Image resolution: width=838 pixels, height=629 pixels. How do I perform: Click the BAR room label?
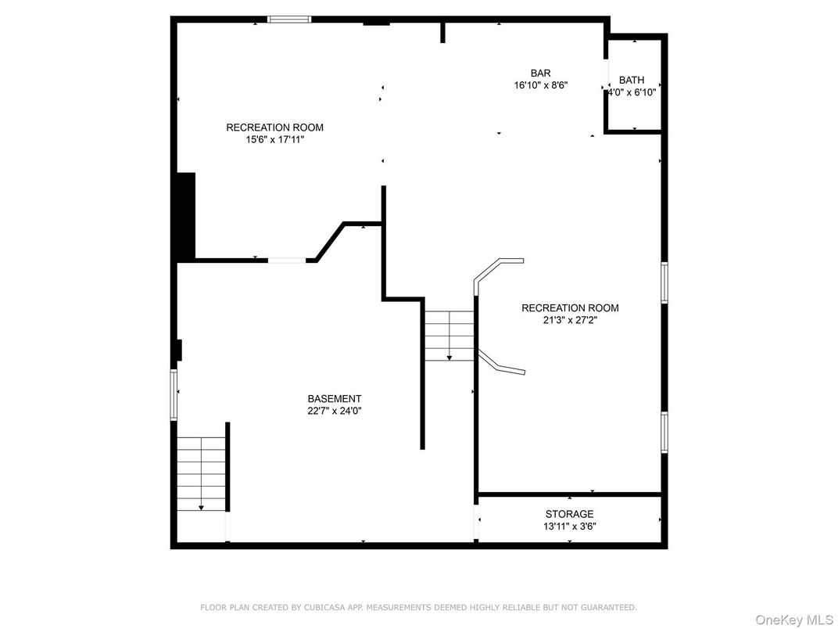540,74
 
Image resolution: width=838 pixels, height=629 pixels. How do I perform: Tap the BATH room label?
632,80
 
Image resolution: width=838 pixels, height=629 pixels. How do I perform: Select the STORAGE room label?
569,514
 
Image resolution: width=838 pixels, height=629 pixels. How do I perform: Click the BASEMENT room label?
334,398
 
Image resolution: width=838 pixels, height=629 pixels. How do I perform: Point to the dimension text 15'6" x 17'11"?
274,140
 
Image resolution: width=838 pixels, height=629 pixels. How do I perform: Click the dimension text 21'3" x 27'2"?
570,320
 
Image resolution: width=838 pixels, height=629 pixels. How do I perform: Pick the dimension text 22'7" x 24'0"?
334,411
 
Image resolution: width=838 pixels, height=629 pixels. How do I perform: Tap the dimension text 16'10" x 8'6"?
540,86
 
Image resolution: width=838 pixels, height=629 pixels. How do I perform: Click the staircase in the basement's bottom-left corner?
202,474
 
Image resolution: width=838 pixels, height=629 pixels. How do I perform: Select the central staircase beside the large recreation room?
449,335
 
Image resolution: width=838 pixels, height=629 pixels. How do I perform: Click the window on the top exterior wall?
289,20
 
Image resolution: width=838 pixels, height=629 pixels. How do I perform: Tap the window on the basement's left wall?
174,395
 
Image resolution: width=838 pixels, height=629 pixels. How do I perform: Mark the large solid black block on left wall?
185,217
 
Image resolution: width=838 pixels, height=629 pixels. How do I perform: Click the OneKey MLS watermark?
793,620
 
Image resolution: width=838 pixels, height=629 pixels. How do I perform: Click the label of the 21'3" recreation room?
570,307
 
